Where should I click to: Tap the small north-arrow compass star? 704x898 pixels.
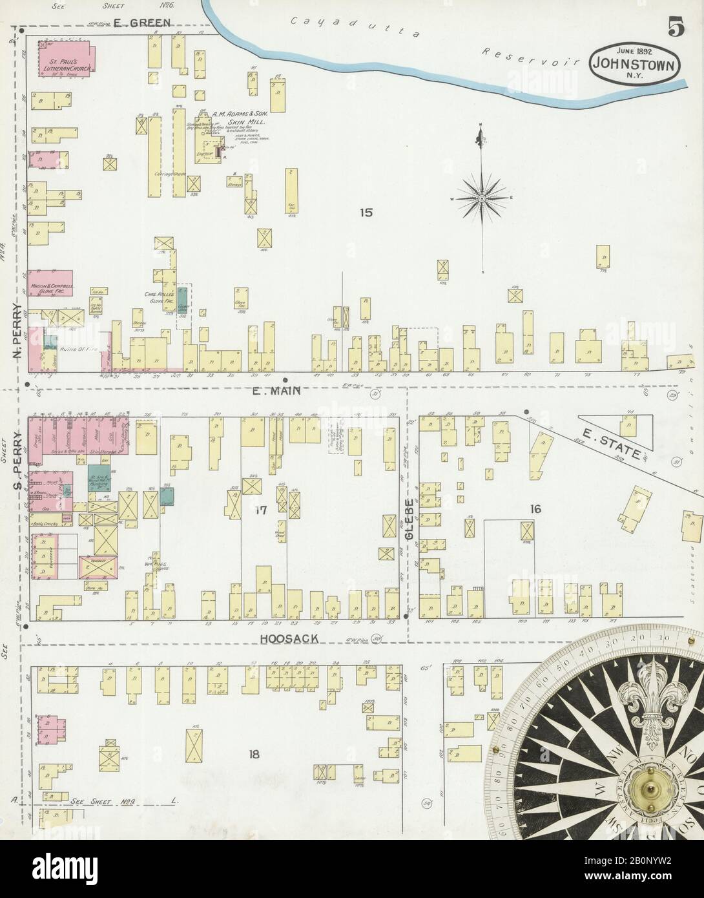tap(482, 196)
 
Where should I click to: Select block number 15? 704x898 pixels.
tap(367, 213)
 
